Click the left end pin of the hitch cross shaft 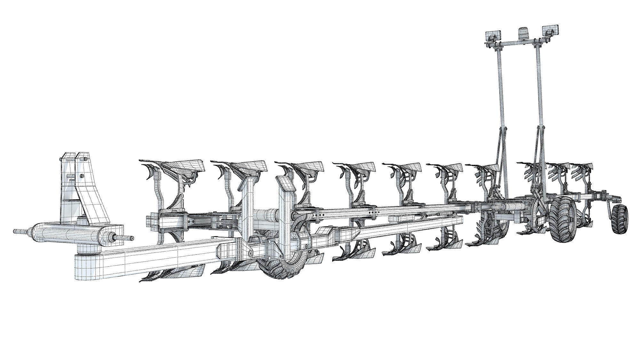click(x=19, y=231)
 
